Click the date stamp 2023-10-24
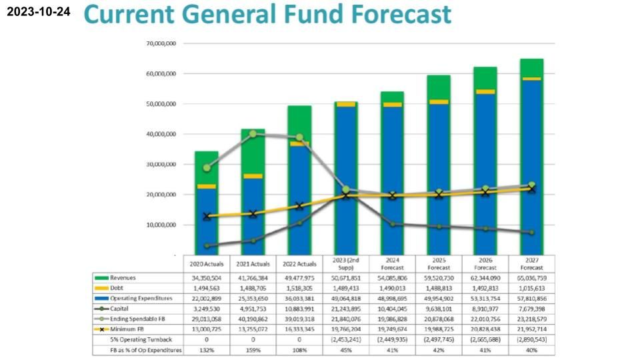point(39,13)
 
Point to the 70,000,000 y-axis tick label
point(160,43)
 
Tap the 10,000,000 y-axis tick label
point(160,225)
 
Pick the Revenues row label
point(123,277)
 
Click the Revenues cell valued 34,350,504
point(206,277)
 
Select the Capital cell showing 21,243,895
point(345,309)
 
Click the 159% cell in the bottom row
point(253,350)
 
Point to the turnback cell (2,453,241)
point(345,340)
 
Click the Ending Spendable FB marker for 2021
point(253,134)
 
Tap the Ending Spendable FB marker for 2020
point(207,168)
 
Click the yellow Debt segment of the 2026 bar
point(485,92)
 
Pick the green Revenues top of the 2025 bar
point(439,87)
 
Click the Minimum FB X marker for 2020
point(207,217)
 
